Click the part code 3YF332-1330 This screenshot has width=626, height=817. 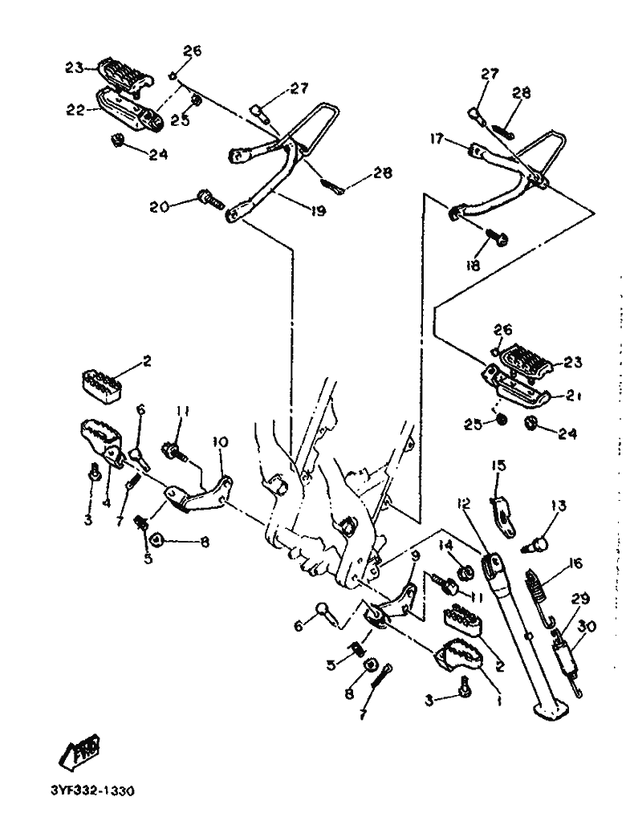(x=91, y=790)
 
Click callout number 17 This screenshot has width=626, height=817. (x=458, y=139)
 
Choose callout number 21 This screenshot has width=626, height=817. (x=574, y=396)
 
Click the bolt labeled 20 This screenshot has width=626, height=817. (x=206, y=197)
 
